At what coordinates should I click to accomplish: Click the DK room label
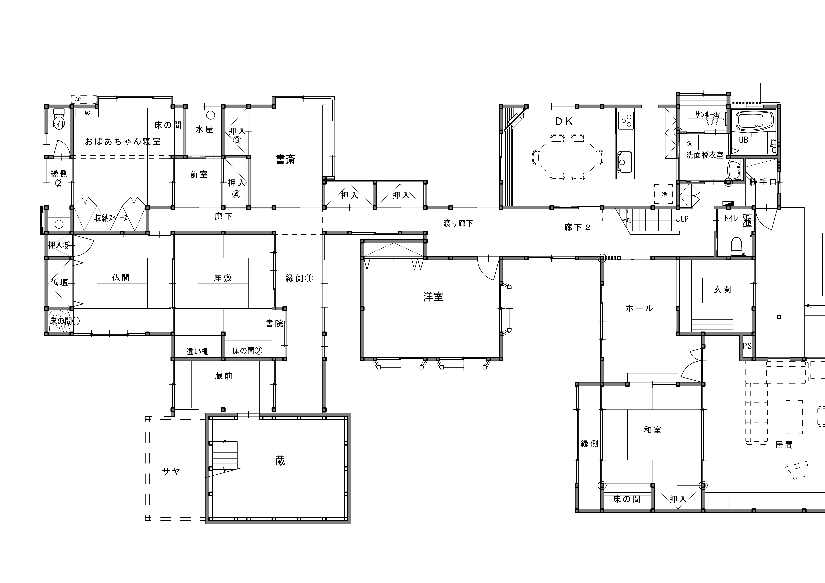[x=564, y=121]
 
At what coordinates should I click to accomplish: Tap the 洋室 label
[x=433, y=297]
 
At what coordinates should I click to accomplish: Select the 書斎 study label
[x=285, y=159]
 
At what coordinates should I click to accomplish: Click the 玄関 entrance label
[x=722, y=289]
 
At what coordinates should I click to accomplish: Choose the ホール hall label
[x=639, y=308]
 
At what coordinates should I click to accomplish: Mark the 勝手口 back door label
[x=763, y=182]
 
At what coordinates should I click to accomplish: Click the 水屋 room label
[x=204, y=129]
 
